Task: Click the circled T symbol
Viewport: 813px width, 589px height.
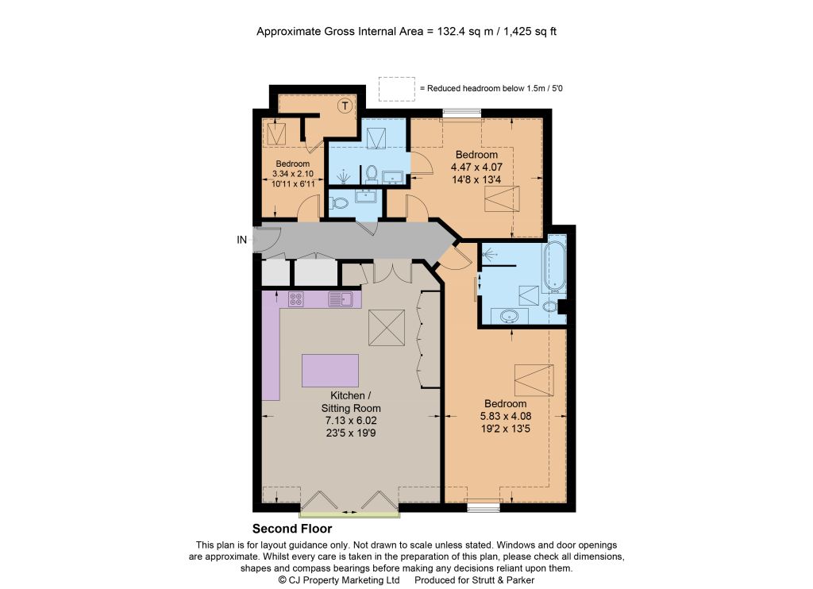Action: coord(345,106)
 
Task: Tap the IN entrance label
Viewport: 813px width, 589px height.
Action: coord(241,240)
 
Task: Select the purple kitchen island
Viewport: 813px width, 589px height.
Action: coord(330,371)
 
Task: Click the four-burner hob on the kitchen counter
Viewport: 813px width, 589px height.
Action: coord(296,299)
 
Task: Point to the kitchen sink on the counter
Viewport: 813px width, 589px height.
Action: coord(340,299)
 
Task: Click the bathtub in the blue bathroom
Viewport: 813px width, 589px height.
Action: coord(554,264)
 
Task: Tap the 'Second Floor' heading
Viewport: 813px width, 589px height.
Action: coord(292,529)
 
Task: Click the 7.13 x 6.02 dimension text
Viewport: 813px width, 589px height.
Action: coord(351,421)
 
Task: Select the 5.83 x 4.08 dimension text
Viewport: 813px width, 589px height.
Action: coord(506,416)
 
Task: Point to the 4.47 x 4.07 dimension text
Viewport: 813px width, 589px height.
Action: coord(476,167)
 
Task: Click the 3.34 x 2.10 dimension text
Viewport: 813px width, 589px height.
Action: coord(293,174)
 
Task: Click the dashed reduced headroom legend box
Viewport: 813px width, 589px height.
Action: coord(397,89)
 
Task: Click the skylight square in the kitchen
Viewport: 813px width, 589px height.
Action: coord(387,328)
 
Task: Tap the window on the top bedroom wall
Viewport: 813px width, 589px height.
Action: coord(462,113)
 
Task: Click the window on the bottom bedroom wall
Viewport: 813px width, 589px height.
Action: coord(484,506)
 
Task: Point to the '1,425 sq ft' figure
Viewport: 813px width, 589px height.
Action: coord(530,31)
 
